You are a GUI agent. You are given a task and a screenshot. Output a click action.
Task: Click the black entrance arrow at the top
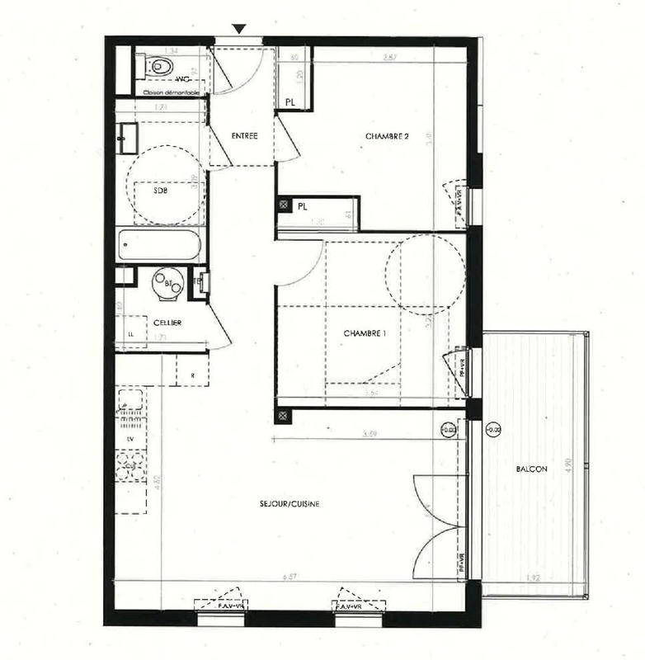click(x=238, y=30)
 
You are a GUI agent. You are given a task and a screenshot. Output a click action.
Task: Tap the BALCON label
click(x=531, y=469)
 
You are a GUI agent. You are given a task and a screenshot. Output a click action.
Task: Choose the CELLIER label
click(x=167, y=322)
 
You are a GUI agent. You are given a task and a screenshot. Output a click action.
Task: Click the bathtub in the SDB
click(x=158, y=245)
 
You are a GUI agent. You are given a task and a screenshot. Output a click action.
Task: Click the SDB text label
click(x=160, y=189)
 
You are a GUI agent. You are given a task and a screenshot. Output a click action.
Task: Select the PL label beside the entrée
click(x=290, y=102)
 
